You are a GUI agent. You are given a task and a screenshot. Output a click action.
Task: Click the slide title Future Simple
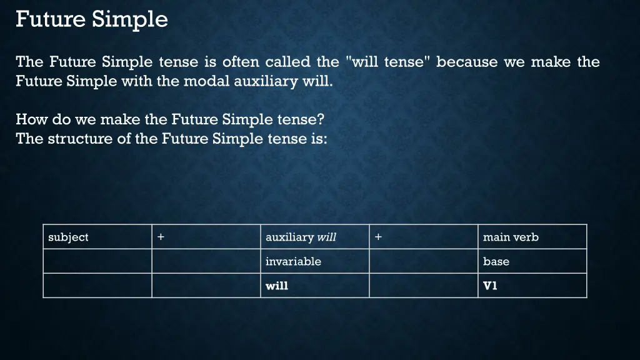[92, 19]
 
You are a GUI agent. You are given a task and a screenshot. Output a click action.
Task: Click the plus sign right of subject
[161, 237]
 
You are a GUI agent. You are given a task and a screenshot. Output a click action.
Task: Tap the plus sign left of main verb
[379, 237]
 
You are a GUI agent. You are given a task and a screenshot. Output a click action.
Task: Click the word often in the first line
[238, 62]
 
